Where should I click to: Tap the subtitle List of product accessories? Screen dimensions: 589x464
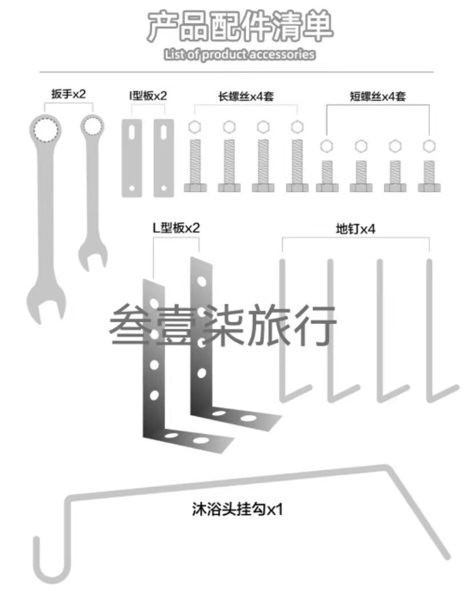click(x=239, y=55)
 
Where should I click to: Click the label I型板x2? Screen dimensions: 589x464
click(x=148, y=95)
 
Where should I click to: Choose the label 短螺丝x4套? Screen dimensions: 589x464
click(x=377, y=96)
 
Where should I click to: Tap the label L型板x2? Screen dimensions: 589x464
click(x=176, y=228)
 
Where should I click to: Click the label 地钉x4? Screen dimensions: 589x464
click(x=355, y=229)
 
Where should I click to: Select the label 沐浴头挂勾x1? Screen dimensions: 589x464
click(x=237, y=508)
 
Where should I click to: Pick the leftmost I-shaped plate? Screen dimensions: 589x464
click(x=132, y=158)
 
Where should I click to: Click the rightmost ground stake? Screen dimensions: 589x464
click(x=432, y=331)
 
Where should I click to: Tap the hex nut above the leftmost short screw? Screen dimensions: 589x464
click(x=327, y=146)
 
